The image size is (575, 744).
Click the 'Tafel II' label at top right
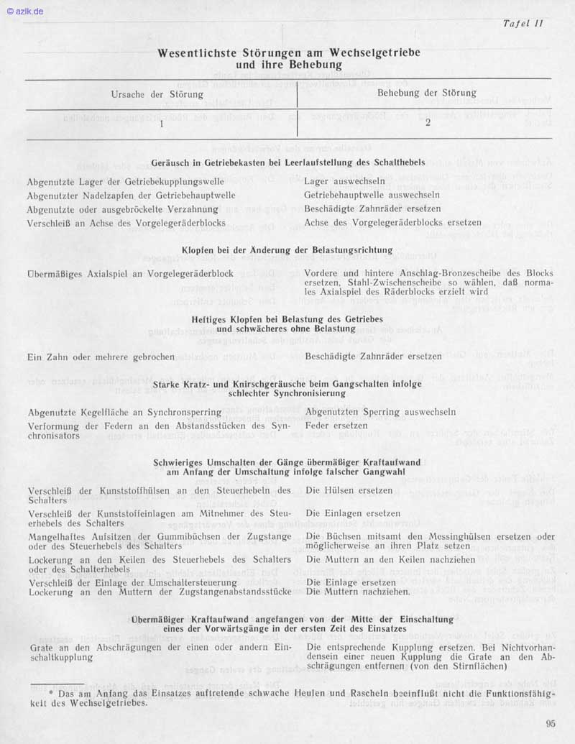(x=523, y=23)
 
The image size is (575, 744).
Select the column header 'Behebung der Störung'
(x=427, y=93)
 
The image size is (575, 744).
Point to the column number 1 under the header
(x=161, y=123)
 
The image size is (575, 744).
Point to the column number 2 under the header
(x=427, y=122)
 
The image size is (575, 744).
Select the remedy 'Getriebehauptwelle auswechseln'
(x=372, y=195)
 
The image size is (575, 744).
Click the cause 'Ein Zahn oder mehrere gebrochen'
(x=101, y=357)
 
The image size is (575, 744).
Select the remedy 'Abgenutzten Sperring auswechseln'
(x=380, y=413)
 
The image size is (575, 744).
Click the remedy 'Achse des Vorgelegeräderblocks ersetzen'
(x=392, y=222)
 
